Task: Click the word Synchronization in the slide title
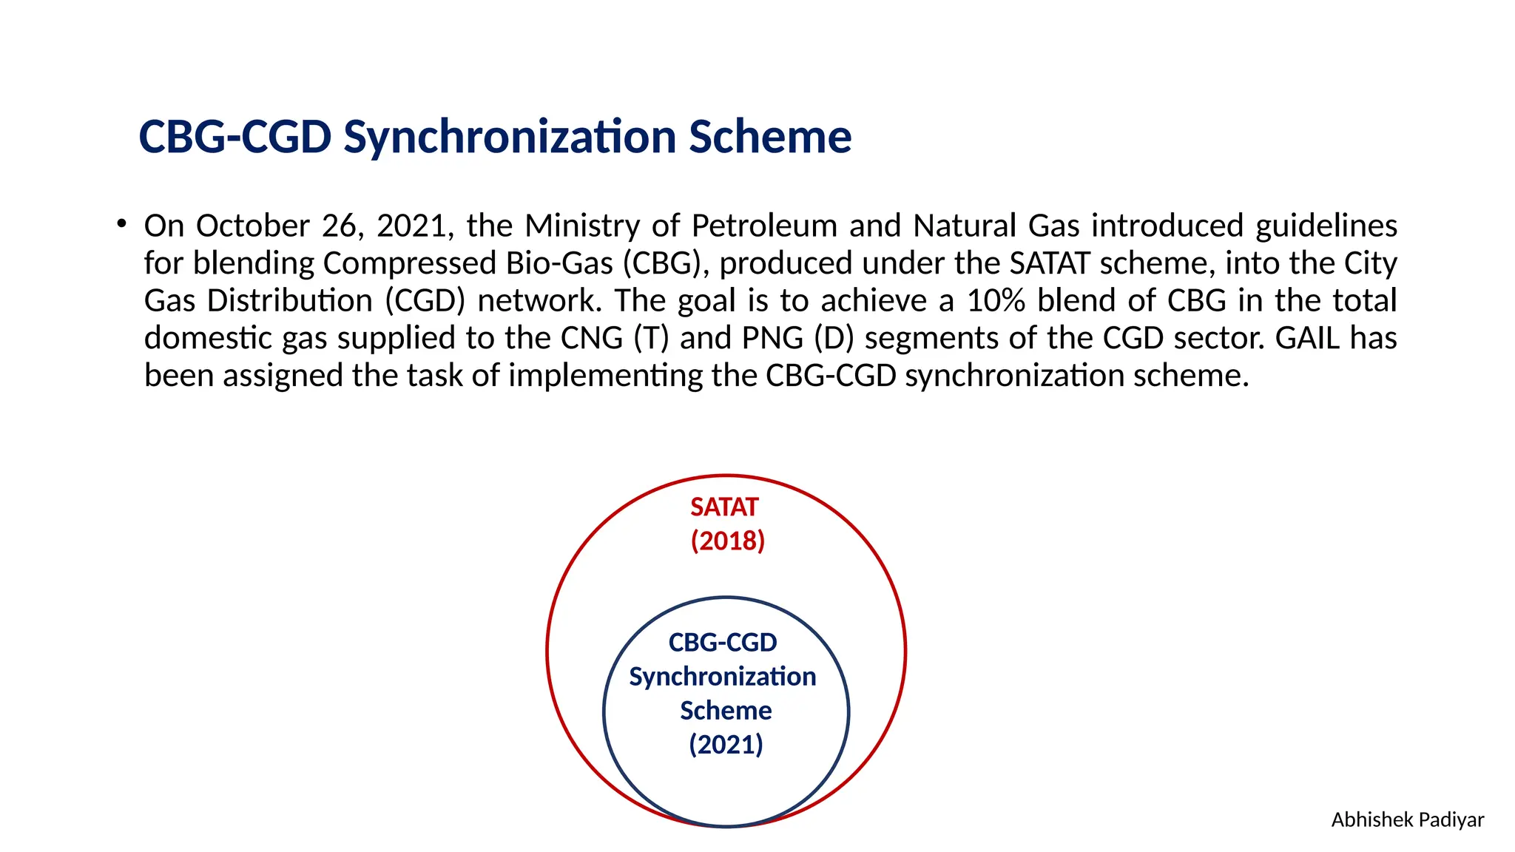point(510,138)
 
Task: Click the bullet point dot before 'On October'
point(121,223)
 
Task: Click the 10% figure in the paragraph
point(996,301)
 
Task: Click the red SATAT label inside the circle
point(724,507)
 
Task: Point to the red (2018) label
point(727,541)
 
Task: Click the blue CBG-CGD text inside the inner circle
point(723,643)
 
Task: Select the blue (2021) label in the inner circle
point(726,744)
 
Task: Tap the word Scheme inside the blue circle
point(726,711)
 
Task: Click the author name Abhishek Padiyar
point(1407,820)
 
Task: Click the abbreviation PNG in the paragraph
point(772,338)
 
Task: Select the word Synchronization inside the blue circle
point(723,677)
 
